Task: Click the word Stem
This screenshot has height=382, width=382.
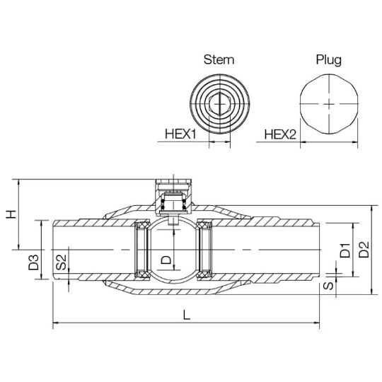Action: click(219, 59)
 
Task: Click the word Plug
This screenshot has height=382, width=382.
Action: click(329, 60)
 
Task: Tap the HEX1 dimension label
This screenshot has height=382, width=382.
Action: click(180, 134)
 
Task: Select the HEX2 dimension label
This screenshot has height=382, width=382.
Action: click(280, 134)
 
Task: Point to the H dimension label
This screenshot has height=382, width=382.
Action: click(11, 214)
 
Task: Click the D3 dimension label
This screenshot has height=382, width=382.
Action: click(34, 262)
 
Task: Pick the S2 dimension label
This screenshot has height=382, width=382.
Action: click(61, 262)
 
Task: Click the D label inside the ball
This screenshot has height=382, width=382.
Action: click(167, 260)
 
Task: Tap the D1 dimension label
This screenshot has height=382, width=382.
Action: click(345, 250)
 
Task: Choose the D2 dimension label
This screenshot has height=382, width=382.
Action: click(364, 250)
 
